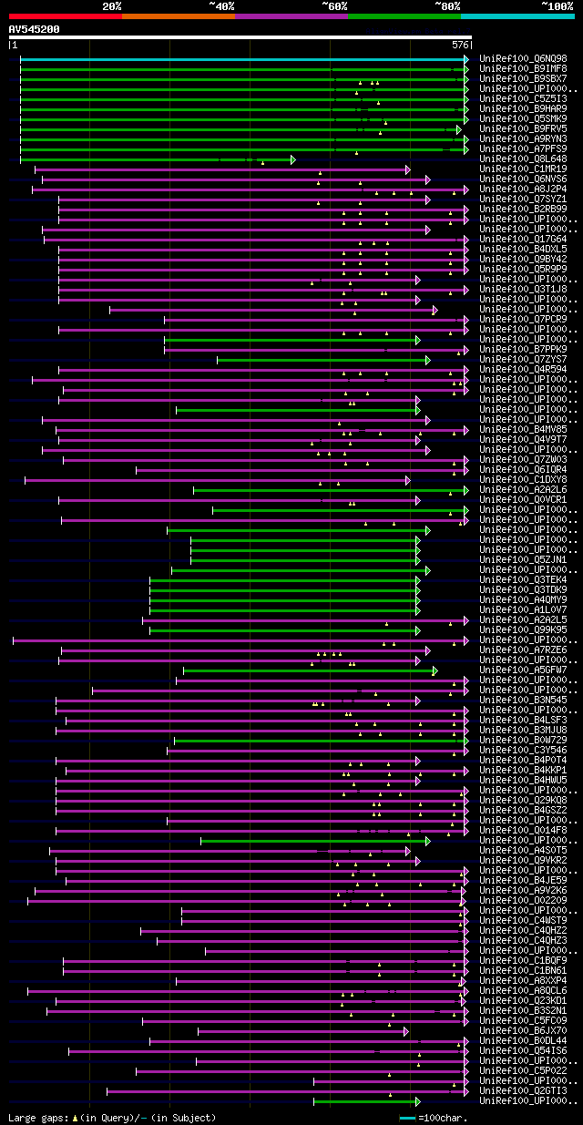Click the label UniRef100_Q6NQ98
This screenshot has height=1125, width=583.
point(523,59)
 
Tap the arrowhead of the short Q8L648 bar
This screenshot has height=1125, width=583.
point(292,159)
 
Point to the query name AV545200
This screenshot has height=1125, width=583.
point(35,29)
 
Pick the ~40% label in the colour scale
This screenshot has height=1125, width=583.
point(221,5)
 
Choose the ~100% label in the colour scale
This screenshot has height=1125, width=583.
point(557,5)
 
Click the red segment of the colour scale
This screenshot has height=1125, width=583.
point(64,15)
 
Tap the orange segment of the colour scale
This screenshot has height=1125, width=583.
point(178,15)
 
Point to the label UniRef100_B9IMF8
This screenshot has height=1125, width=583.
point(523,69)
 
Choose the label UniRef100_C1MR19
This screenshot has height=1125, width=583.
point(523,169)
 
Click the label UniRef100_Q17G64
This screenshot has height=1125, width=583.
point(523,240)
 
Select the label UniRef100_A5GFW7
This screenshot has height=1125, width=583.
point(523,670)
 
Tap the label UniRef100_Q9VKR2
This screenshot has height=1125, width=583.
point(523,861)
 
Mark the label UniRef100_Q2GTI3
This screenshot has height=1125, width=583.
point(523,1091)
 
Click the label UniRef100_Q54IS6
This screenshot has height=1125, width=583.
point(523,1051)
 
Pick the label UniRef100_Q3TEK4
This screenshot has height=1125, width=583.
point(523,580)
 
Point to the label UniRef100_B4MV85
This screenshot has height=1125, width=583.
point(523,430)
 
